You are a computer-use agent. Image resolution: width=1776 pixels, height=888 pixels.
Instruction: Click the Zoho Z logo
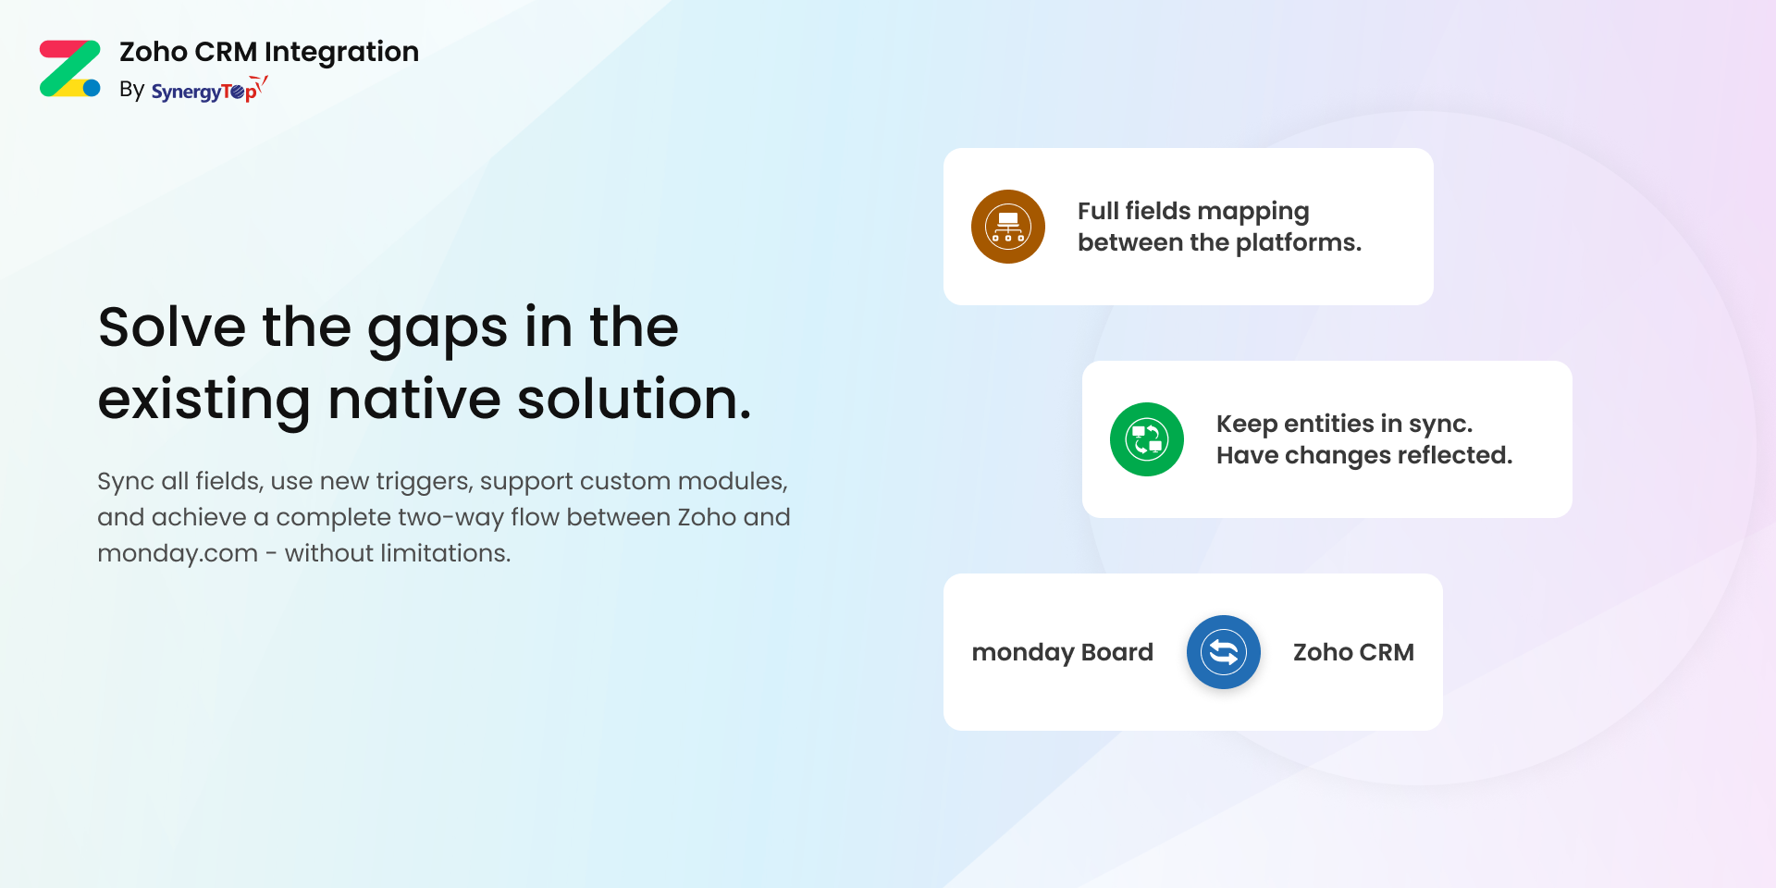(70, 68)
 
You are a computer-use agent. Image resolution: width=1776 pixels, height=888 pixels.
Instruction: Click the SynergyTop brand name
(209, 90)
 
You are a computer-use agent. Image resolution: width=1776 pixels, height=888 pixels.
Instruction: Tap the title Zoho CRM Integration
(269, 52)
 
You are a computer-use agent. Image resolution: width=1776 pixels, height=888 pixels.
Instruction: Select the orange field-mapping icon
(1008, 227)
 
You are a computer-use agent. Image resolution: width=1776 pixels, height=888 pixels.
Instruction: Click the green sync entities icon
(1147, 439)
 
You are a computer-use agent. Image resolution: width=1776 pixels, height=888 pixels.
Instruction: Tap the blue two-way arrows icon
(1224, 652)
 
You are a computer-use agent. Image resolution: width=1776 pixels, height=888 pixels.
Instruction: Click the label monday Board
(1063, 652)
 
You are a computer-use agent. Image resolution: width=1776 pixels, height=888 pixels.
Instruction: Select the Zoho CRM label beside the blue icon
(1353, 652)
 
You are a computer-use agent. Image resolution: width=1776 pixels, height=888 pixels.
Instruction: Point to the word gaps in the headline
(438, 331)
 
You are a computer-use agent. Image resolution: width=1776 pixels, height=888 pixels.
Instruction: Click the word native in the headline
(413, 399)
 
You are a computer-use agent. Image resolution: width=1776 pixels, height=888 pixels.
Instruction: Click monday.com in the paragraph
(178, 553)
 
